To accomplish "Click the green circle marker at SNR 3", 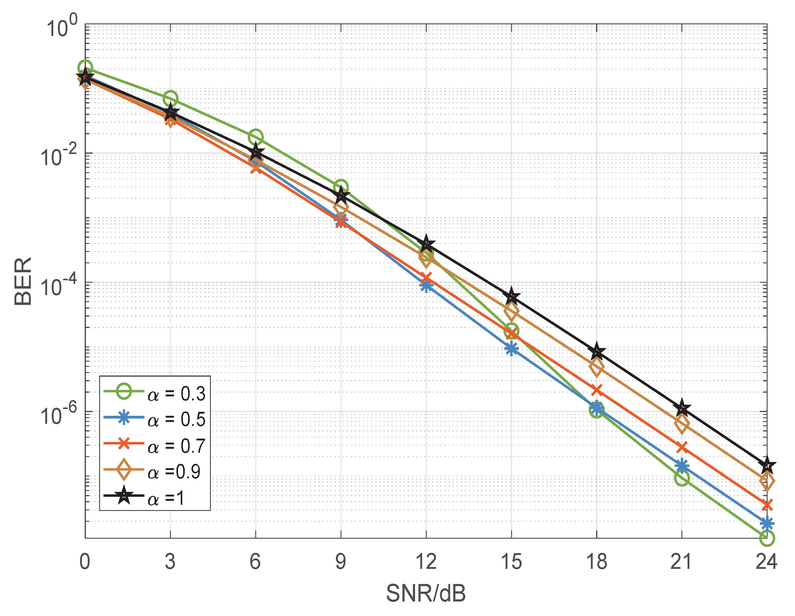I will [x=170, y=98].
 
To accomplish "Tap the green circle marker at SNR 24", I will [x=767, y=538].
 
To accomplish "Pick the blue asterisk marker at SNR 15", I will [x=511, y=349].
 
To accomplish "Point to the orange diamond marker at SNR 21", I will [x=681, y=424].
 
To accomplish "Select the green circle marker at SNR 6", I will [x=256, y=137].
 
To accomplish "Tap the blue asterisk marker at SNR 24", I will [x=767, y=524].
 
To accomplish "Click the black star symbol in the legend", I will [x=124, y=496].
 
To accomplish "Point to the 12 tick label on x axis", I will [x=426, y=561].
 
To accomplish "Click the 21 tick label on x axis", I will [x=681, y=561].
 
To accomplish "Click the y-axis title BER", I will [x=23, y=282].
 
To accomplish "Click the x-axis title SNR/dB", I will [x=426, y=594].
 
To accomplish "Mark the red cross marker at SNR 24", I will [x=767, y=505].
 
